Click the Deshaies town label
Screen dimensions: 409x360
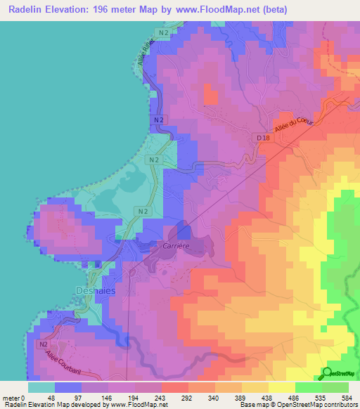(x=89, y=290)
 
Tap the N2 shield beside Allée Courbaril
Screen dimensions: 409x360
(x=44, y=345)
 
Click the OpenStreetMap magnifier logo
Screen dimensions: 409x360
(x=326, y=373)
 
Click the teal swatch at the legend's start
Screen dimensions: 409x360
(x=41, y=387)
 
